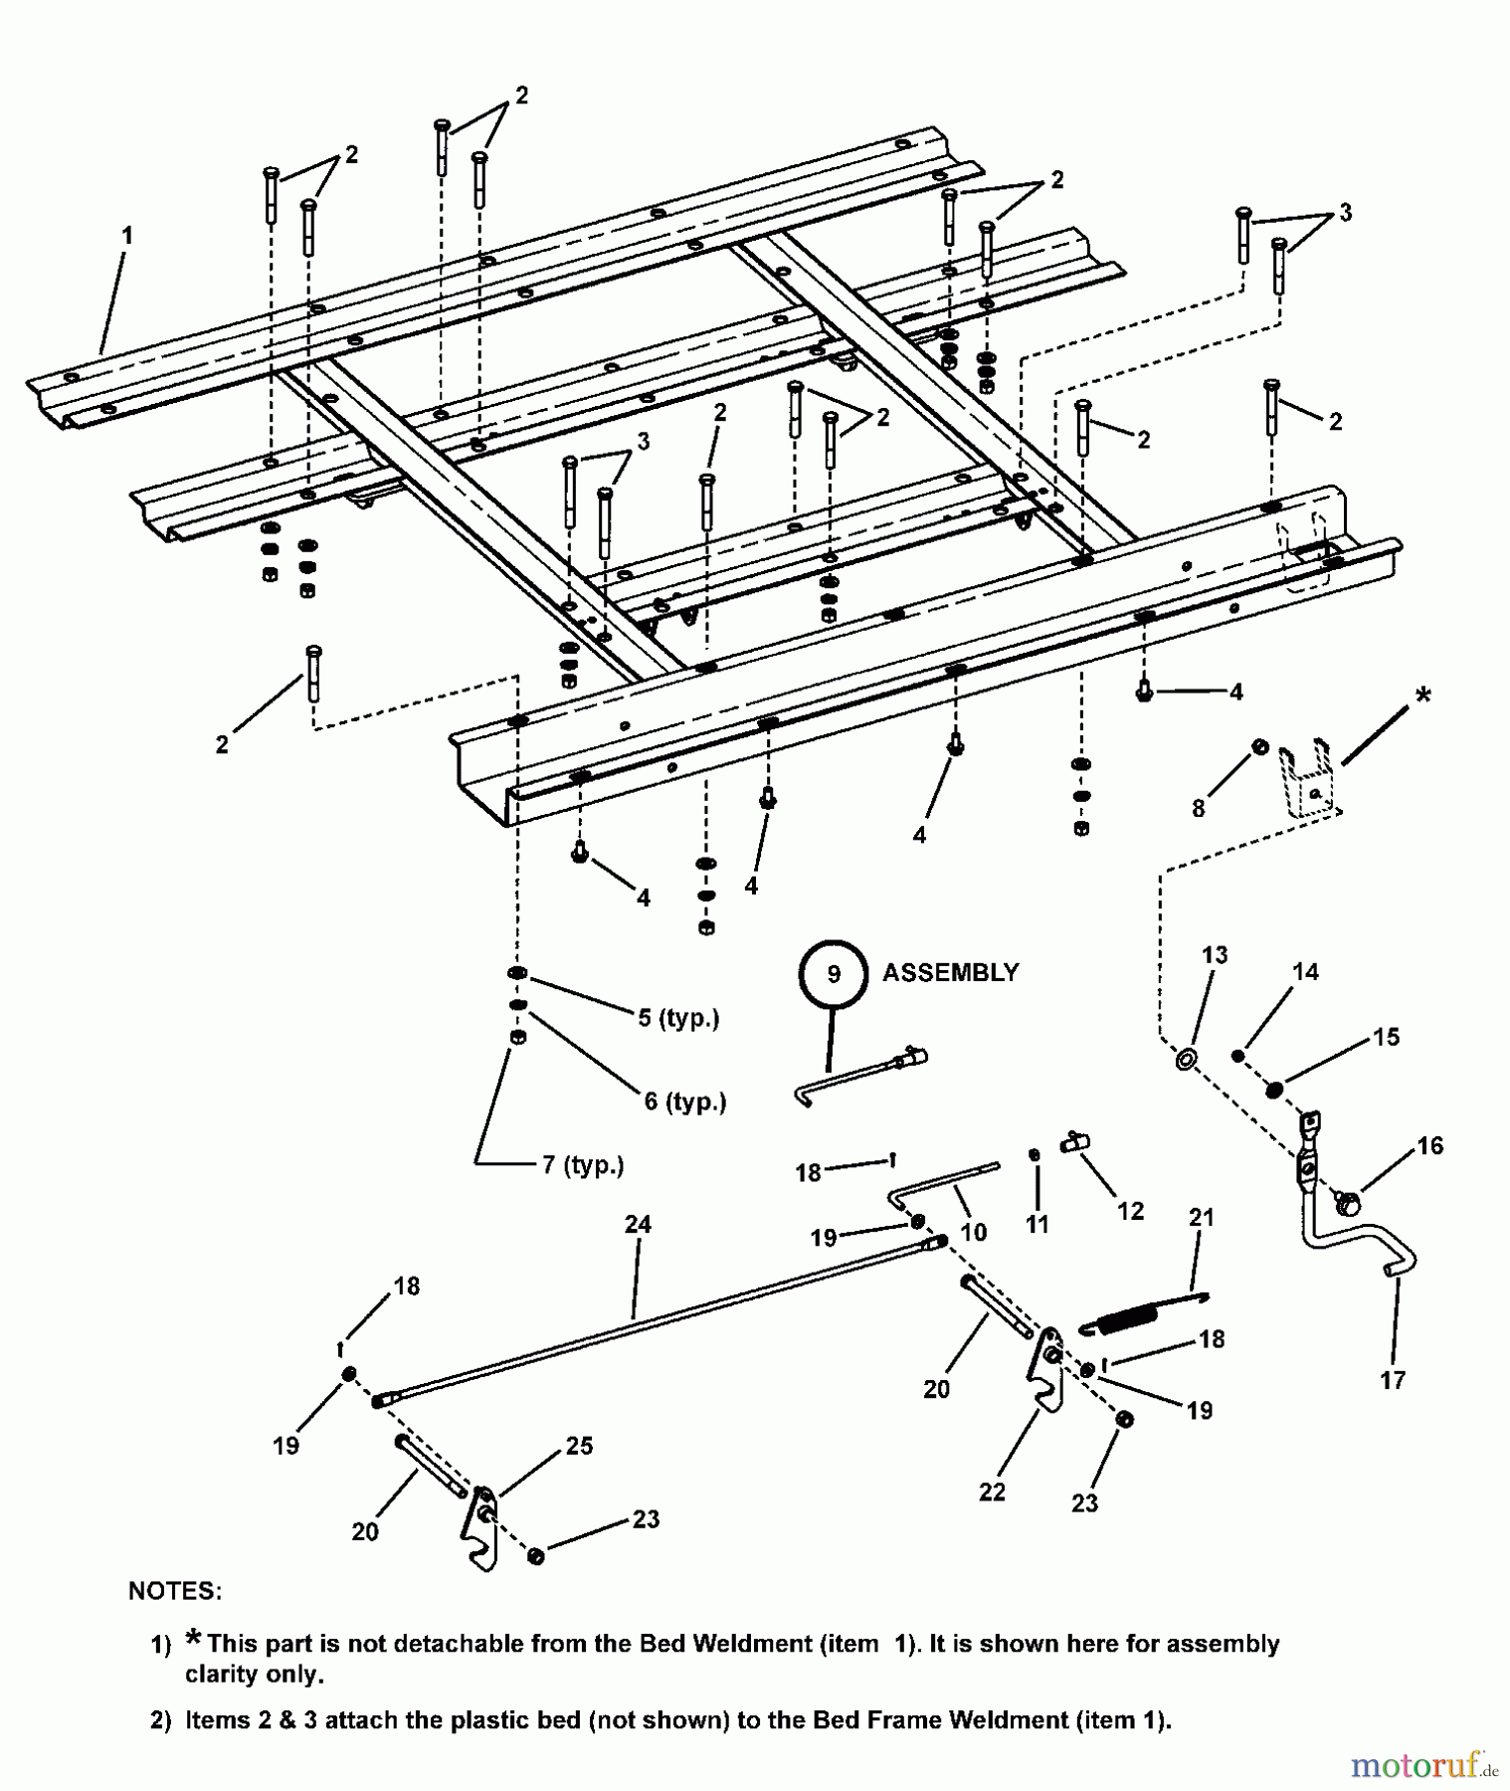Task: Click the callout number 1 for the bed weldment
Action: pos(126,236)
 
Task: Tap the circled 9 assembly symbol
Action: pos(834,974)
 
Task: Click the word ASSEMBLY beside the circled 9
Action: pos(950,972)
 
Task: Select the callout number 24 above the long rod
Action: pos(637,1225)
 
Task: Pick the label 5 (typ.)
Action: pos(678,1018)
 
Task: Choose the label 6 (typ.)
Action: pos(684,1101)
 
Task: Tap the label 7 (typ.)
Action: pos(583,1164)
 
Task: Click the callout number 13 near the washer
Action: pos(1215,955)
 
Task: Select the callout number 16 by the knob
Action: pos(1429,1145)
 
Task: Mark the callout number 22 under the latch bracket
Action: pos(992,1492)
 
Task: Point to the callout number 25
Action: pos(579,1446)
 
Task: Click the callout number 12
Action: pos(1131,1211)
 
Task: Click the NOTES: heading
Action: pos(175,1591)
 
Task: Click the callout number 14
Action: pos(1305,971)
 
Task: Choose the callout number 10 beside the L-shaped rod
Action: pos(973,1232)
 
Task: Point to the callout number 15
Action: pos(1386,1037)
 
